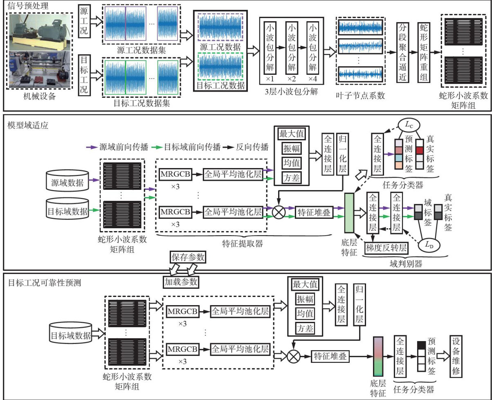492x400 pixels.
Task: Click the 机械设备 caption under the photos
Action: point(38,97)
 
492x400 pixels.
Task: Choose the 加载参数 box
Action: point(181,282)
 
